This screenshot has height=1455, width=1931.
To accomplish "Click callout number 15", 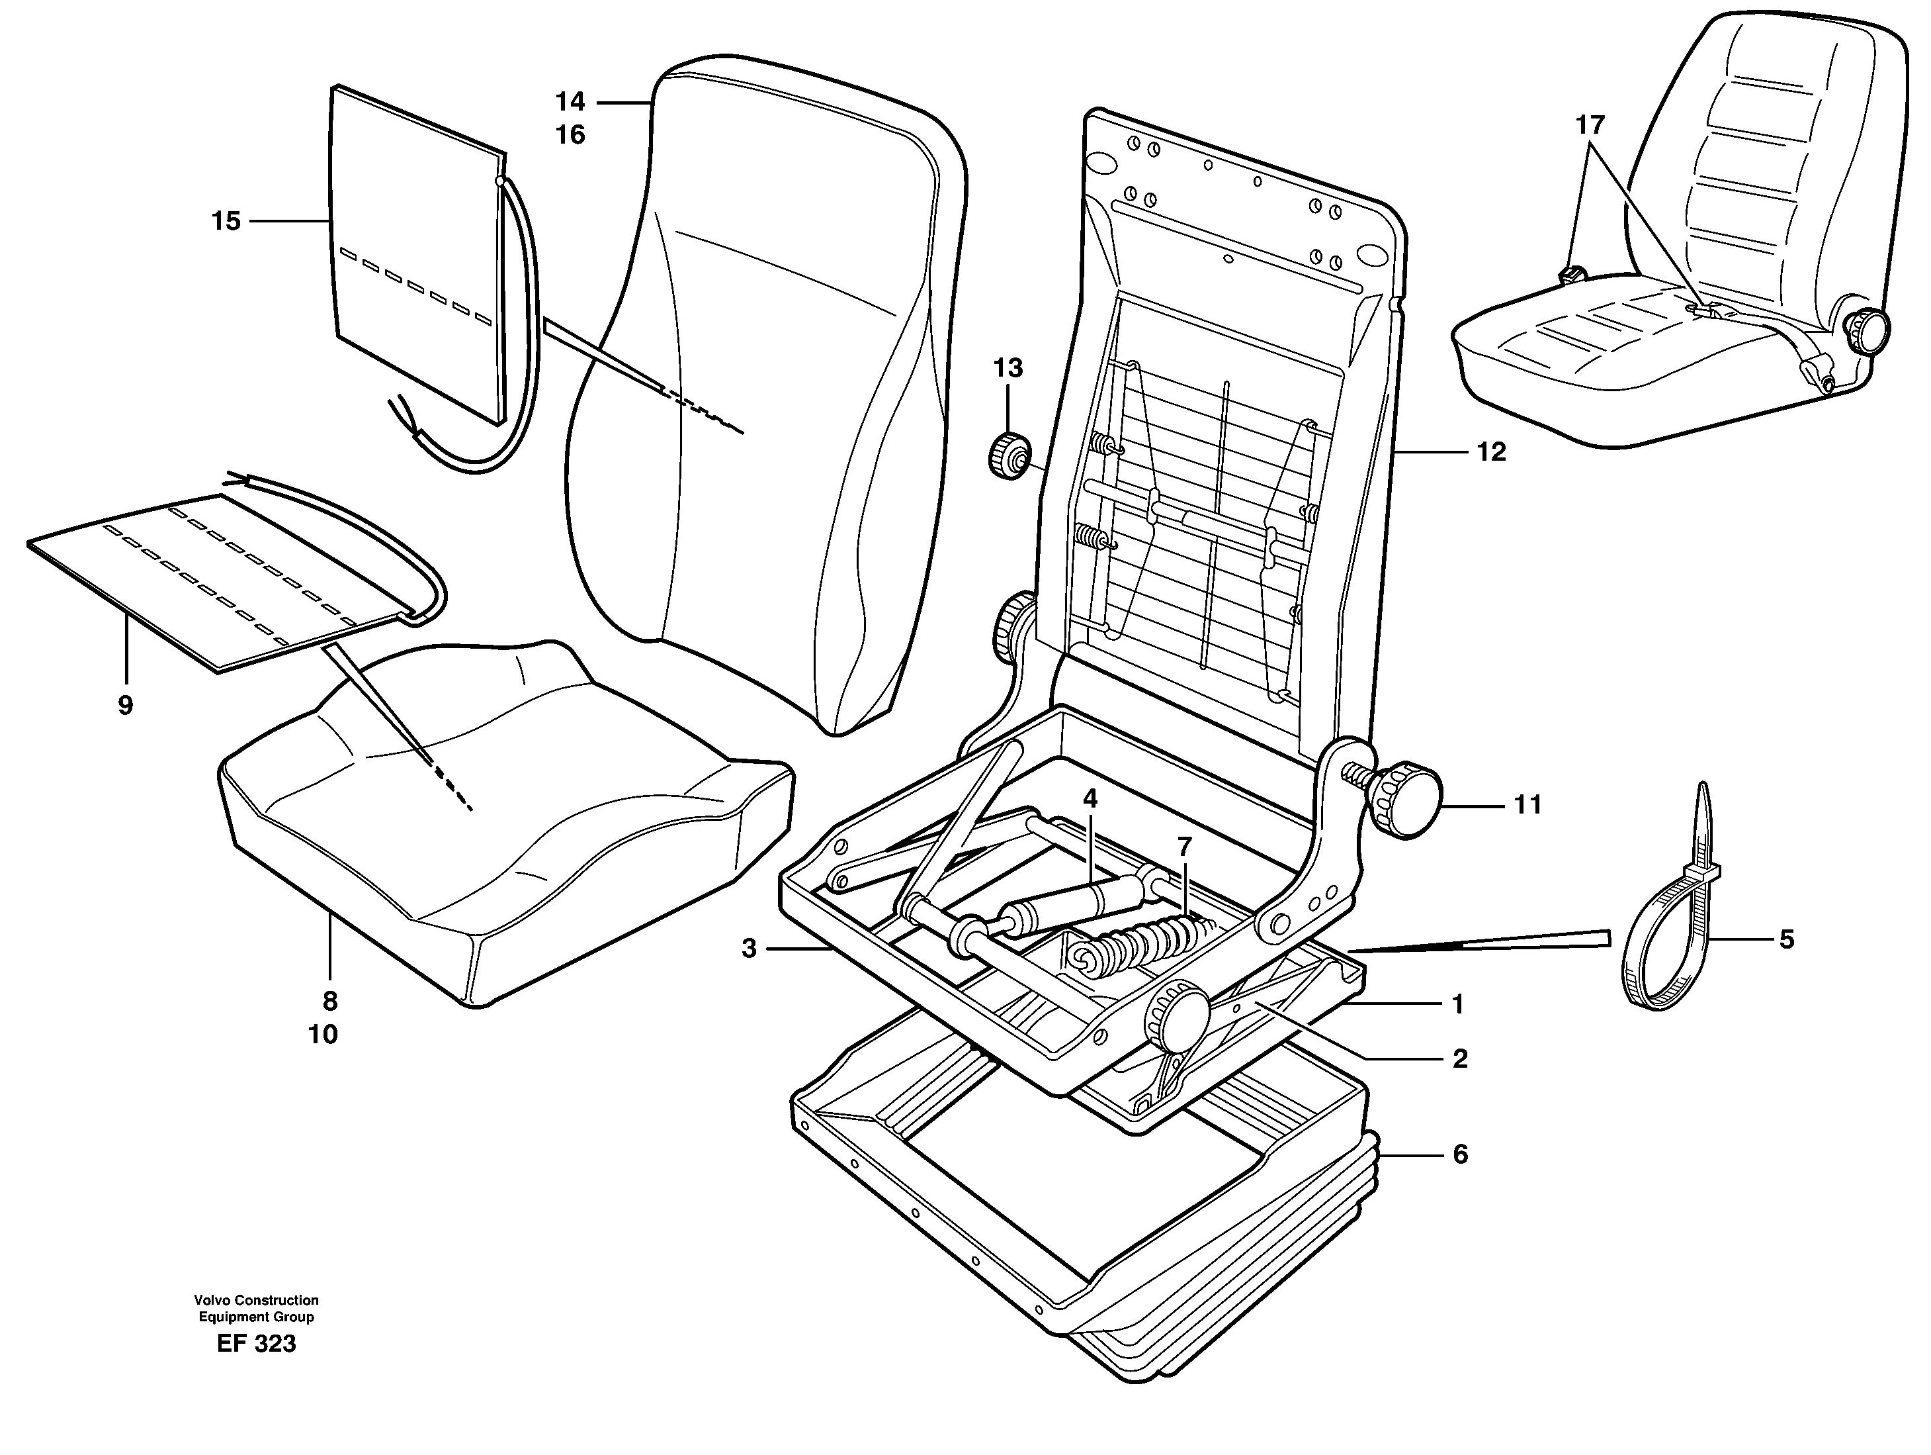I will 225,222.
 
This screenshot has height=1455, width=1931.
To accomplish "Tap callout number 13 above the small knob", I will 1008,369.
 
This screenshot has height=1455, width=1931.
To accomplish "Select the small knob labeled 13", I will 1008,455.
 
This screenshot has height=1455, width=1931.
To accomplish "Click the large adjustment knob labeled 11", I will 1406,799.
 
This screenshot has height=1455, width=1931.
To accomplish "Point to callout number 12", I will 1491,451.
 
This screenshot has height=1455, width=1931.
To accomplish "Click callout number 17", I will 1590,126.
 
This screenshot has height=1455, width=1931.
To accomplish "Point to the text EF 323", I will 256,1343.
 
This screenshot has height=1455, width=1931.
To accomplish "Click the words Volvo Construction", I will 256,1300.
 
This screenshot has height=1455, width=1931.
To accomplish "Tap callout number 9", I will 125,705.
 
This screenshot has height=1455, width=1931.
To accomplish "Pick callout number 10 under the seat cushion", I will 322,1034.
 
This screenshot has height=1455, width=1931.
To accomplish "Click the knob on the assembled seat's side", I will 1865,330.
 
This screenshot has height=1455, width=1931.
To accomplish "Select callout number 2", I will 1459,1058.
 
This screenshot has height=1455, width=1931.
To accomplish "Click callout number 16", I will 570,135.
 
